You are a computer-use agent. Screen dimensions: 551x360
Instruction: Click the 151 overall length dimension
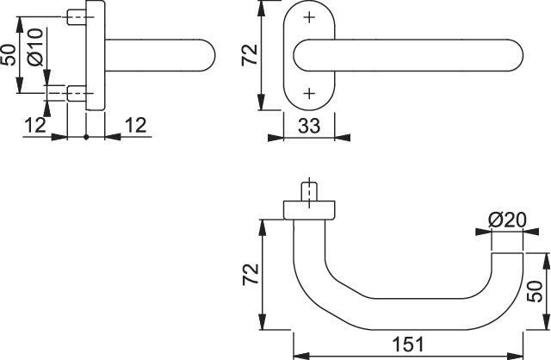click(x=408, y=344)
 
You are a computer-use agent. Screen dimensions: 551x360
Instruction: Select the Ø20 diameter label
click(x=507, y=220)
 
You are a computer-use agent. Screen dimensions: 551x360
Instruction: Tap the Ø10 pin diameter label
click(x=35, y=47)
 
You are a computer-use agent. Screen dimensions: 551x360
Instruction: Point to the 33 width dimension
click(x=309, y=126)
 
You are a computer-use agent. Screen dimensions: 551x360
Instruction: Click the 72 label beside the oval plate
click(x=251, y=54)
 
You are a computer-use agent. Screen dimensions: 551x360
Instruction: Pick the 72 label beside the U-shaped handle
click(x=251, y=274)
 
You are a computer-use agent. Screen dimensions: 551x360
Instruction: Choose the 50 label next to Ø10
click(x=9, y=55)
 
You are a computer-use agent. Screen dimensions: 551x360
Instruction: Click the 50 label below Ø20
click(x=535, y=291)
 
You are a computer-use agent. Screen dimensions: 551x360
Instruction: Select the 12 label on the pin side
click(x=35, y=125)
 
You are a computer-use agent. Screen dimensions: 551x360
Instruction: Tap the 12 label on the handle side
click(x=136, y=125)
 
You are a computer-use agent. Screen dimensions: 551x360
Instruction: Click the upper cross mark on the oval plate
click(x=309, y=17)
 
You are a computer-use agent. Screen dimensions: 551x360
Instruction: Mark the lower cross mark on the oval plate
click(x=309, y=94)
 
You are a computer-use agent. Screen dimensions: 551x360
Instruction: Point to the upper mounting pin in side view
click(x=77, y=17)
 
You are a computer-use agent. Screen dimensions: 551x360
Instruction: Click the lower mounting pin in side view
click(x=77, y=94)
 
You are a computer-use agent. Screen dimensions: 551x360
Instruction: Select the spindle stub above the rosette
click(x=309, y=191)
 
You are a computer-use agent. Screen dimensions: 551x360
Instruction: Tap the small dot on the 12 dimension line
click(x=86, y=137)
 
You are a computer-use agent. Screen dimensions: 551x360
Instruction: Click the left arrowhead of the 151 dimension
click(x=301, y=356)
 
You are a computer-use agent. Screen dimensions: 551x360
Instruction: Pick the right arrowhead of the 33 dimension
click(x=343, y=137)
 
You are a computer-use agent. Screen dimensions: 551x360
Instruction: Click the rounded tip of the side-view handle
click(x=212, y=55)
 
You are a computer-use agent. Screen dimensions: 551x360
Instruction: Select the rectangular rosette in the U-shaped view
click(x=309, y=210)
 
